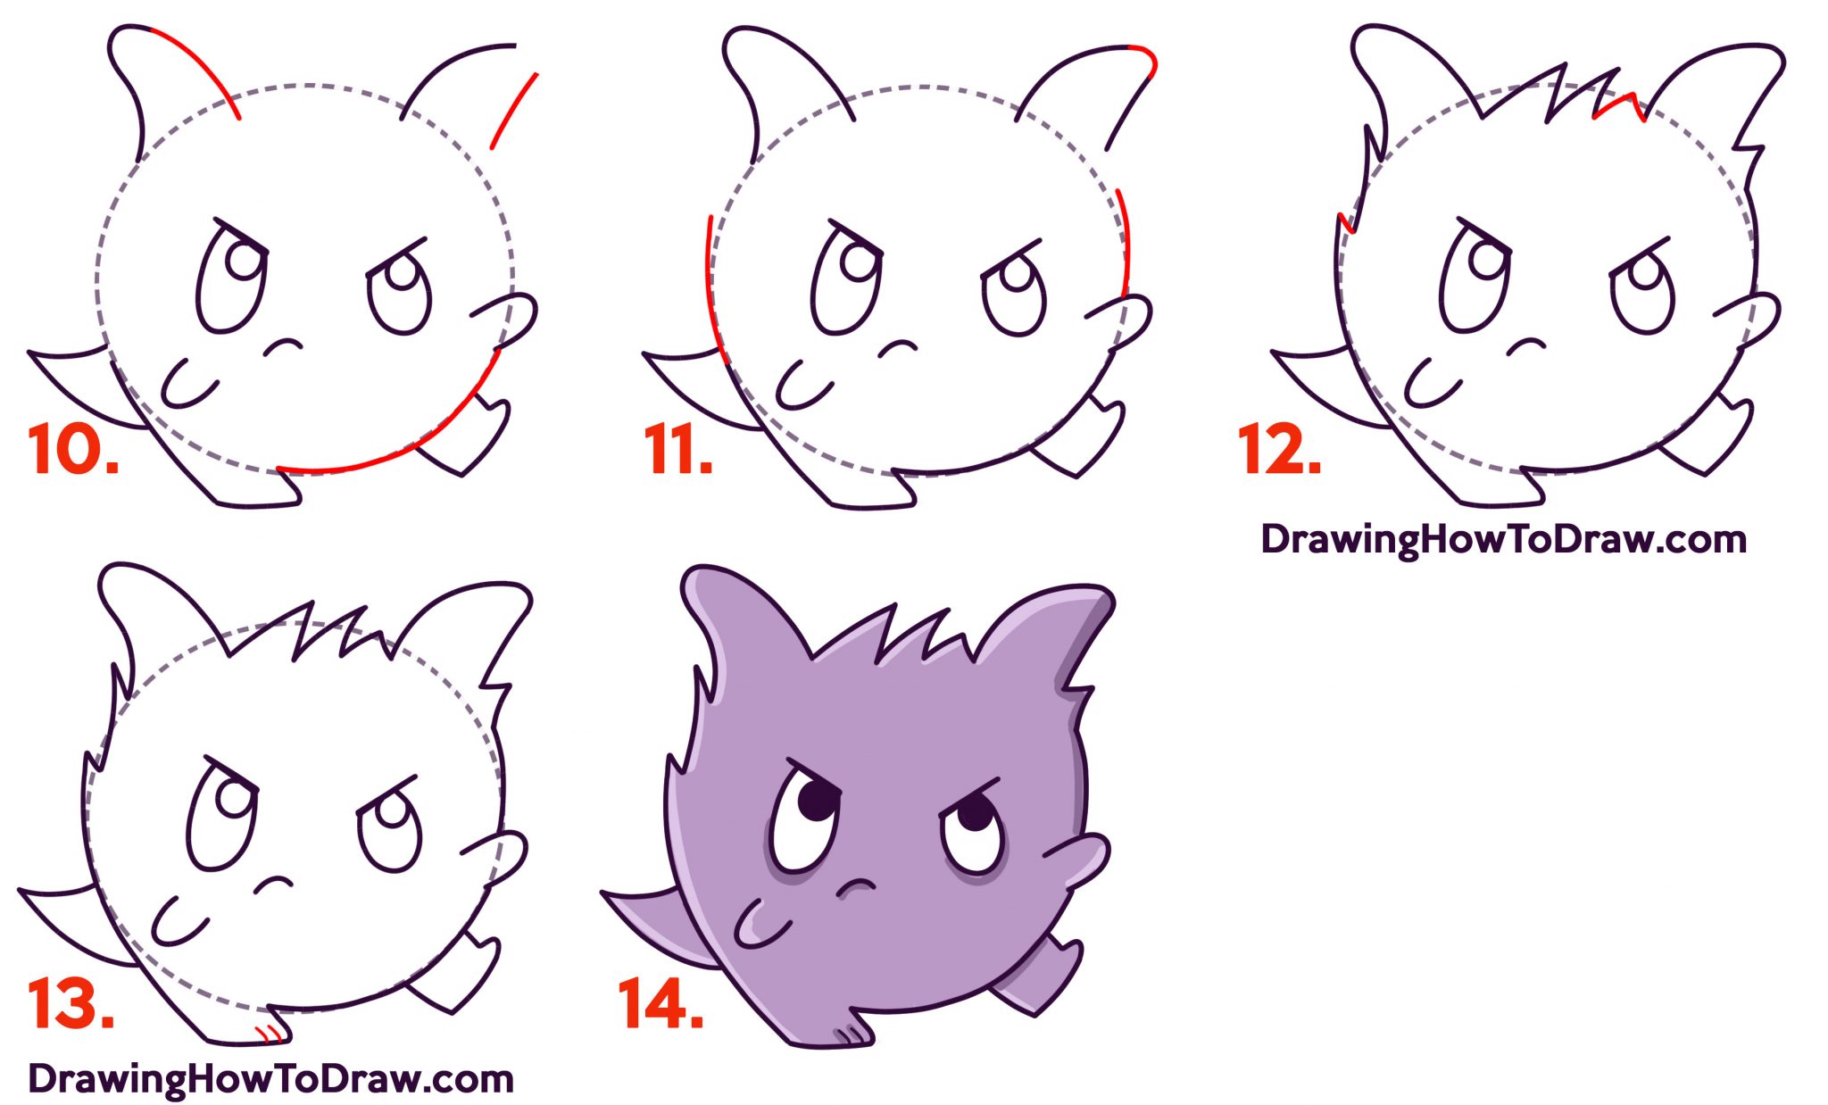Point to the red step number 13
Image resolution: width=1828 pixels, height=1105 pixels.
(x=70, y=1004)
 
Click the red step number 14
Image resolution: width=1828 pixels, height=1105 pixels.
(x=661, y=1004)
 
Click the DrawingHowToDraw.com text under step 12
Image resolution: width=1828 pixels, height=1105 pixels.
(x=1503, y=539)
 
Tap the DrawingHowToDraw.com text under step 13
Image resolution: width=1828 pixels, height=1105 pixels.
(x=270, y=1079)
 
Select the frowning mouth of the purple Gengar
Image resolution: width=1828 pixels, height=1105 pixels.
(x=855, y=885)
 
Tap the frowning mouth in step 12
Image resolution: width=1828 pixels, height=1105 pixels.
(x=1525, y=344)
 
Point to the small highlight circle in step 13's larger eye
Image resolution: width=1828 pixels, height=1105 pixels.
(x=235, y=797)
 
